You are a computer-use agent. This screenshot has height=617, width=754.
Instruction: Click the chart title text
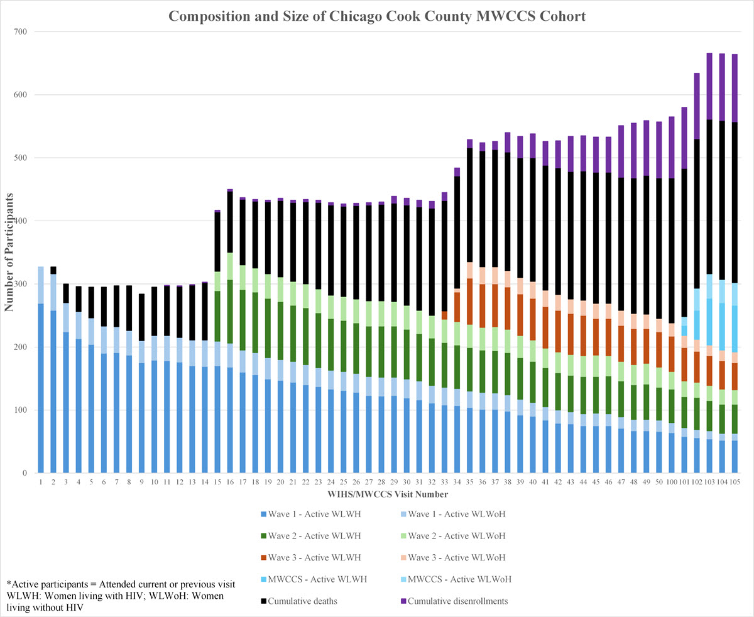[377, 16]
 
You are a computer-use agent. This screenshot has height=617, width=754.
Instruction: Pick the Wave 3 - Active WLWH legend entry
[305, 557]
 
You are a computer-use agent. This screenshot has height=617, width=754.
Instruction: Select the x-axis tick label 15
[217, 482]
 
